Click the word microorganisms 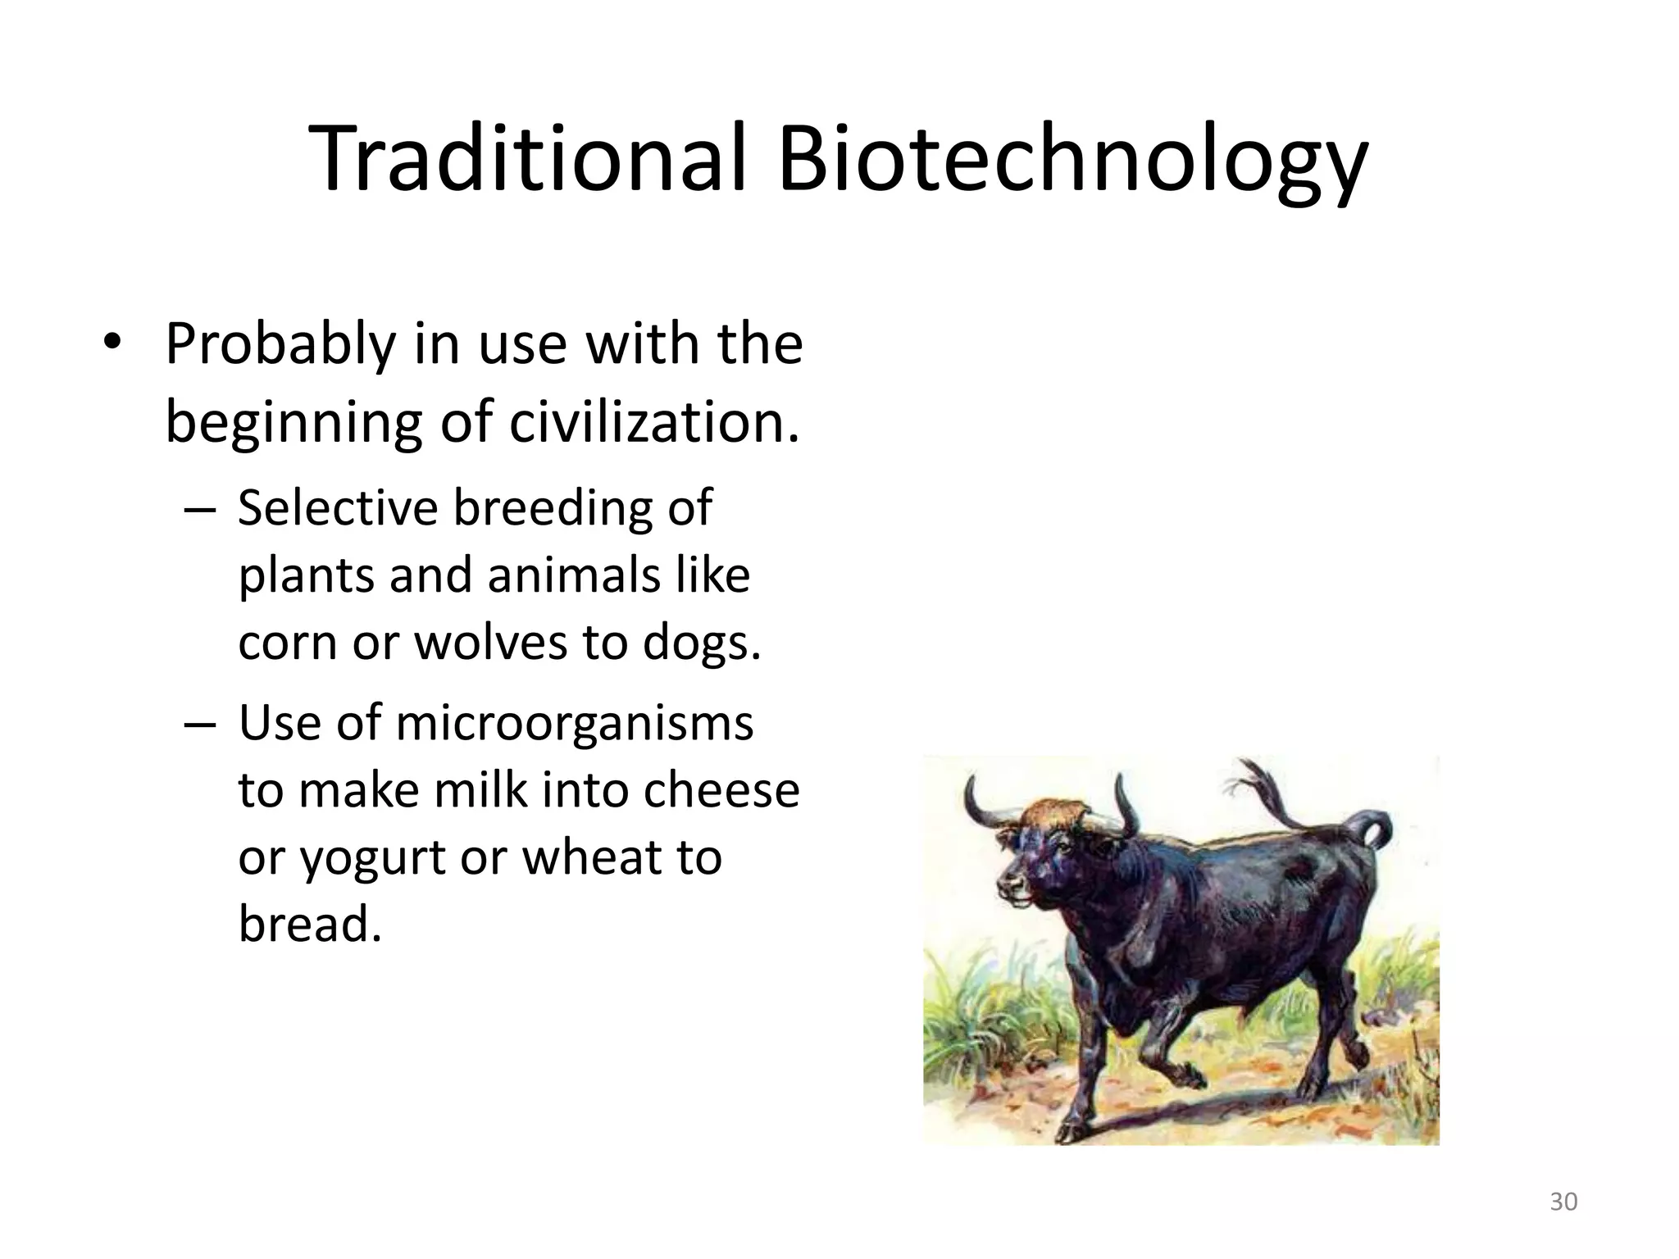click(574, 724)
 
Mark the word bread click(310, 925)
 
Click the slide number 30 click(1563, 1202)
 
